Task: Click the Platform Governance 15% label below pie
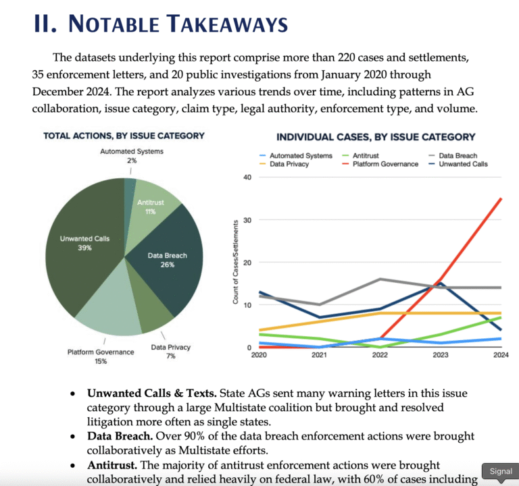[101, 356]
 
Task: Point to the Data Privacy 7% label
[171, 352]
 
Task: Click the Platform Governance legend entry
[380, 164]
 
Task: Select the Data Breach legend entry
[453, 155]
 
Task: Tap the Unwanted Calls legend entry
[458, 164]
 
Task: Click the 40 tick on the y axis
[247, 178]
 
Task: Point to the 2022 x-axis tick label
[380, 355]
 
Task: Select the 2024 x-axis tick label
[501, 355]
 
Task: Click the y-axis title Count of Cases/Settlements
[236, 262]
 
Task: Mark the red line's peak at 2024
[501, 198]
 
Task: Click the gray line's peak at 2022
[380, 279]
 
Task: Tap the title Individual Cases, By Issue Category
[376, 137]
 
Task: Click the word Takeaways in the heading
[227, 24]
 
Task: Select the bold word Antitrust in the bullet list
[112, 465]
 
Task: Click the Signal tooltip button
[501, 471]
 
